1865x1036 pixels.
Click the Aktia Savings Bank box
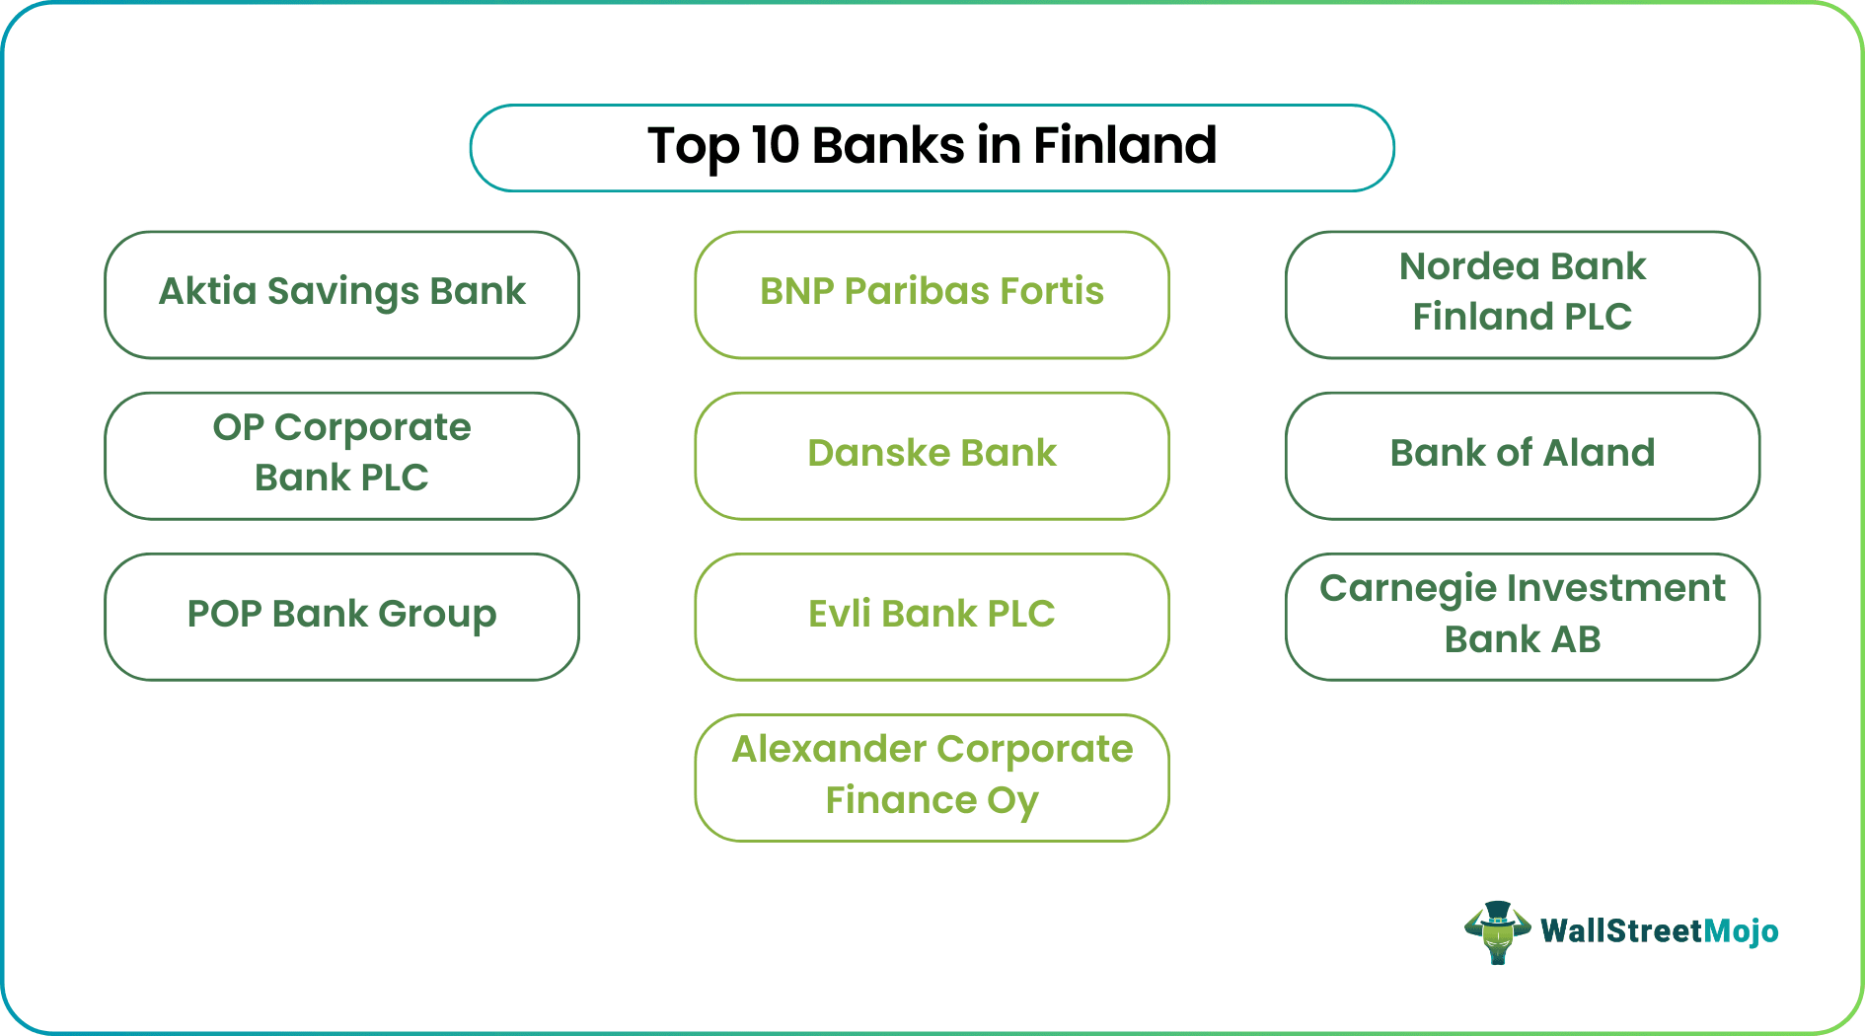tap(341, 294)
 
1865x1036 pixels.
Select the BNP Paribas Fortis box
tap(932, 294)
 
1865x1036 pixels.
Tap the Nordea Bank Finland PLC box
tap(1522, 294)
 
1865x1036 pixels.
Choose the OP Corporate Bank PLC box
tap(341, 455)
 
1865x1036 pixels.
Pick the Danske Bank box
tap(932, 455)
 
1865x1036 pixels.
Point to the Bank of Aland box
tap(1522, 455)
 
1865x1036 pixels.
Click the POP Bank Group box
tap(341, 616)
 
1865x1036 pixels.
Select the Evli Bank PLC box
tap(932, 616)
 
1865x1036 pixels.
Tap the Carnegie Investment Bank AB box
tap(1522, 616)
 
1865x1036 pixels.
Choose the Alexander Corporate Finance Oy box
tap(932, 777)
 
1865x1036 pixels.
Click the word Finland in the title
tap(1125, 145)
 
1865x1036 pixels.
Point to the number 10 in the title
tap(775, 145)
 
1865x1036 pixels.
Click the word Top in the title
tap(693, 147)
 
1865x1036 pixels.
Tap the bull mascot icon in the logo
tap(1497, 931)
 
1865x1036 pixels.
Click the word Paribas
tap(916, 291)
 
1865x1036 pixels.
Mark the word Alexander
tap(821, 749)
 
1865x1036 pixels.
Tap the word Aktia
tap(207, 291)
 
